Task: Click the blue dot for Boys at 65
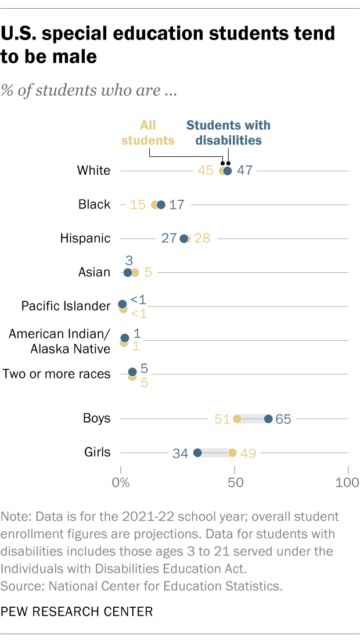[268, 419]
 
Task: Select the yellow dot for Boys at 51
[237, 419]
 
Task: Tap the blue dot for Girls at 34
[197, 453]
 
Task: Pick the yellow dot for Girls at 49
[232, 453]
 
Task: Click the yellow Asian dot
[135, 272]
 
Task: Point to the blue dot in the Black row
[161, 204]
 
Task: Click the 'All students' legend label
[157, 132]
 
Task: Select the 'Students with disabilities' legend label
[228, 132]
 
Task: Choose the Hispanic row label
[85, 238]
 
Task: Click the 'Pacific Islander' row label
[66, 306]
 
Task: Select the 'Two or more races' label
[56, 374]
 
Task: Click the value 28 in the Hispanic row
[202, 239]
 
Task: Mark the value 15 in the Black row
[138, 204]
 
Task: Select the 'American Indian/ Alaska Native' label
[60, 341]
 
